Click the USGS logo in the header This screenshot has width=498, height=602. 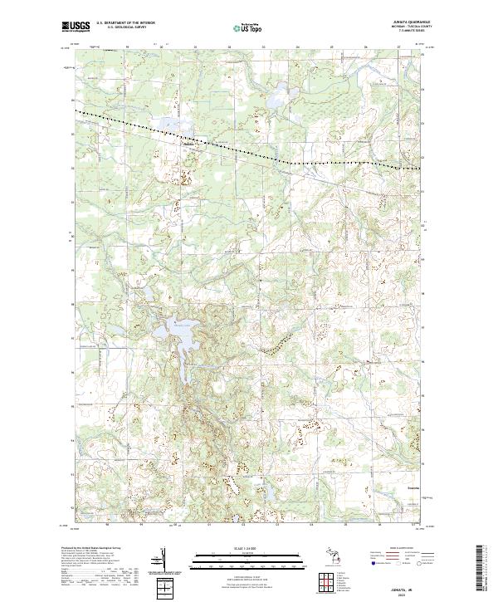tap(76, 27)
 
